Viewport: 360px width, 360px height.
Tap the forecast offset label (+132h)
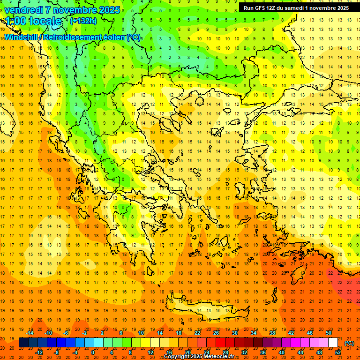pos(83,21)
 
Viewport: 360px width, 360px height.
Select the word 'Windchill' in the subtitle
pos(22,37)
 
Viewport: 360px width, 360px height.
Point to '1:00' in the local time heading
pos(16,21)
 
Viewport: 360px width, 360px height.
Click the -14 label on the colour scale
pos(30,333)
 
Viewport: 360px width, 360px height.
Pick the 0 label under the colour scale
pos(92,352)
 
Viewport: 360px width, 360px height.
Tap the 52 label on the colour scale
pos(338,352)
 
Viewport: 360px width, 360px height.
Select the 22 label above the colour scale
pos(197,333)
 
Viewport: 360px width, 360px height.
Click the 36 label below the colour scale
pos(264,352)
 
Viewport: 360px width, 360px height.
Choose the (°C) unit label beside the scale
pos(349,343)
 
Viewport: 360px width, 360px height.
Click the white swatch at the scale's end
pos(333,343)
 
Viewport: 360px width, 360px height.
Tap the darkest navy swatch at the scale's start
pos(23,343)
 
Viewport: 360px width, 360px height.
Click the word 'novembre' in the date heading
pos(73,9)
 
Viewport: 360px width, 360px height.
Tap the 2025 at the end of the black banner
pos(341,8)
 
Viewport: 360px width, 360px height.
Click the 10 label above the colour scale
pos(141,333)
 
